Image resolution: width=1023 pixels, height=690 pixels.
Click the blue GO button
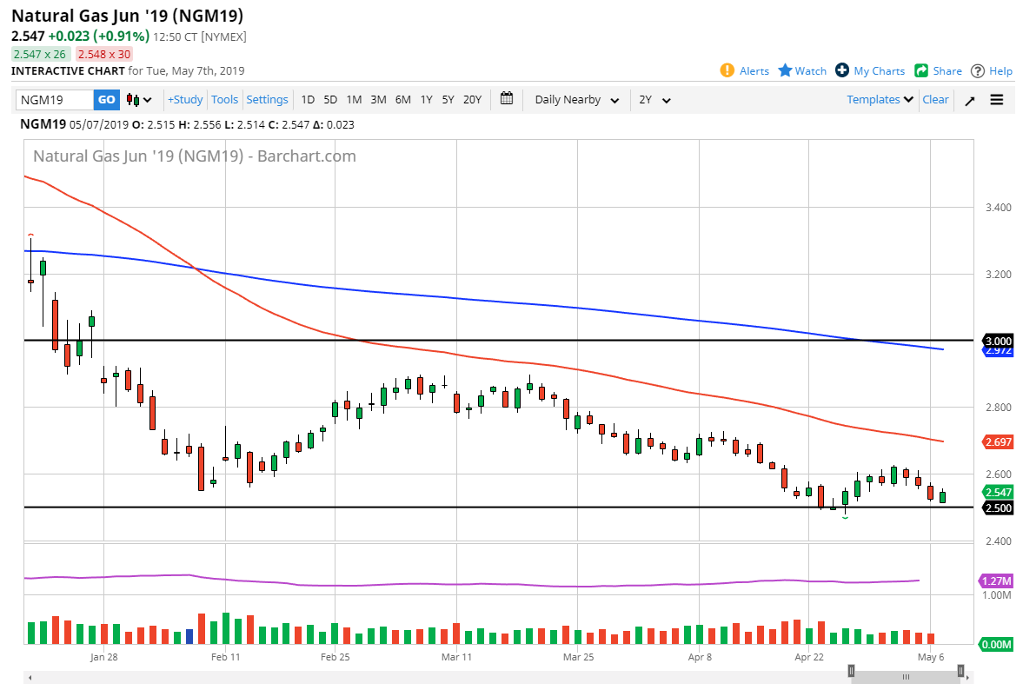(x=106, y=100)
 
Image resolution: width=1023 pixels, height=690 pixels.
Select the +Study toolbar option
(x=185, y=100)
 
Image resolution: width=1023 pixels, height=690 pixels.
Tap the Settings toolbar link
(x=267, y=100)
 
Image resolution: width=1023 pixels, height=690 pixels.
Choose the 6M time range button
(x=402, y=100)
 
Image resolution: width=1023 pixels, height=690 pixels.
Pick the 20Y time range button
(x=472, y=100)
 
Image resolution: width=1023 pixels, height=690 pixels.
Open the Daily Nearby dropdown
(x=576, y=100)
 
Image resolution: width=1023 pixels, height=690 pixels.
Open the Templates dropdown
(x=880, y=100)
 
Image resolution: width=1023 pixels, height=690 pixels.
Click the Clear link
(x=935, y=100)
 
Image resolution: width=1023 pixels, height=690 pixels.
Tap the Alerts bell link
(x=745, y=71)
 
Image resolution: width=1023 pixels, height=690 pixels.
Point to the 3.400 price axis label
(x=999, y=208)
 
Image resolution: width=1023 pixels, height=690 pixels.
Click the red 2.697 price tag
(x=996, y=442)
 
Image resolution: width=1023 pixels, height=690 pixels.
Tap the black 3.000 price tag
(x=996, y=340)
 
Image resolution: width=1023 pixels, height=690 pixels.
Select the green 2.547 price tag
(x=996, y=492)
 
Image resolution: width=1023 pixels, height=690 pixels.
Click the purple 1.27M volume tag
(x=996, y=581)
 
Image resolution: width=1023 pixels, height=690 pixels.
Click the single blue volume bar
(x=189, y=636)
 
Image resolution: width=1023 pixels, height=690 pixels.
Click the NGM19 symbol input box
(x=54, y=100)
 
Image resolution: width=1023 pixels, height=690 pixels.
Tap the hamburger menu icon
(x=996, y=100)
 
